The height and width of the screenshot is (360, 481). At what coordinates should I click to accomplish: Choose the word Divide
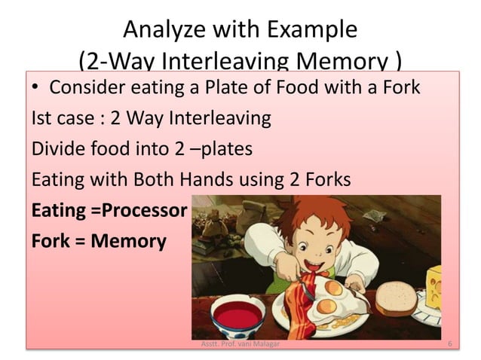click(x=58, y=151)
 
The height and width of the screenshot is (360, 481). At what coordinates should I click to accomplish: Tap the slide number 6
click(x=449, y=344)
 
